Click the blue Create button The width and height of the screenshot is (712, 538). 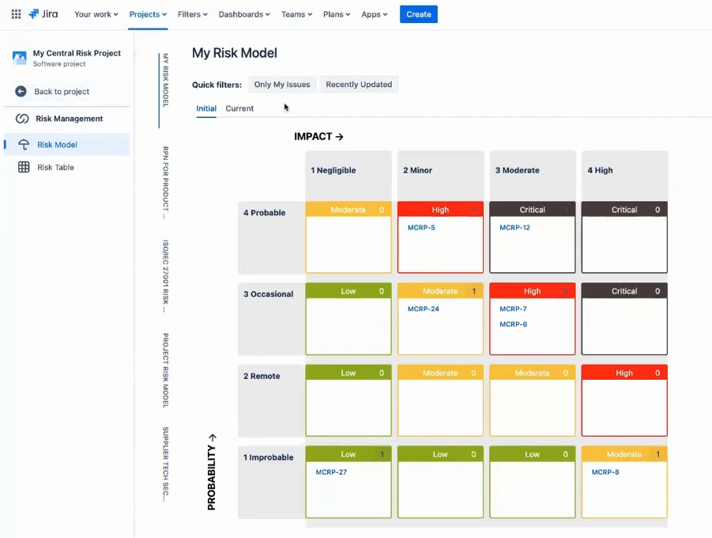418,14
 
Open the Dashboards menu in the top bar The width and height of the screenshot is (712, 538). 244,14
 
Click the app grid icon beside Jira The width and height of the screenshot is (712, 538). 16,14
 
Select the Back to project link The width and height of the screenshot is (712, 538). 61,92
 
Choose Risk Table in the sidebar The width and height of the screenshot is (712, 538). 55,168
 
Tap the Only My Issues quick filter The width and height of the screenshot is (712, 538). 282,85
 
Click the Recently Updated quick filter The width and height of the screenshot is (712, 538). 359,85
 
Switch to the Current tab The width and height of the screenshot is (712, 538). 239,108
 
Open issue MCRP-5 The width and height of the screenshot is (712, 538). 421,228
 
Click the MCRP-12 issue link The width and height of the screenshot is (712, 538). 514,228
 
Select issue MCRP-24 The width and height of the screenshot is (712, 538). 423,309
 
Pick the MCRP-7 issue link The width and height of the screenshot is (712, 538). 513,309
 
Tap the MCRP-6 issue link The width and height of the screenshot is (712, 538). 513,324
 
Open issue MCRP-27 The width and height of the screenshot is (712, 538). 331,472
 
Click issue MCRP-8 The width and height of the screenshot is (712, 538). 605,472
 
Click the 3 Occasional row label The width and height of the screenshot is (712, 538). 268,294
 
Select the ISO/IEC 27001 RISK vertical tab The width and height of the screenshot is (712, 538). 166,276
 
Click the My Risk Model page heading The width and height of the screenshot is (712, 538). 234,53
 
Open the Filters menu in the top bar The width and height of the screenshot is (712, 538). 192,14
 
